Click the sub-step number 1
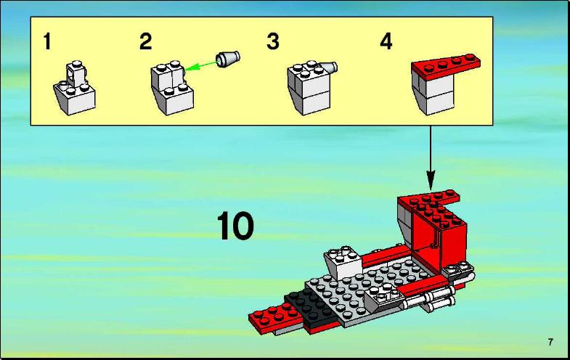(x=47, y=41)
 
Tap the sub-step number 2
(x=145, y=41)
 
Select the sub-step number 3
(x=273, y=41)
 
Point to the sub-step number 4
(x=386, y=41)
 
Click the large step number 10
(x=235, y=226)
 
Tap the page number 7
(x=550, y=342)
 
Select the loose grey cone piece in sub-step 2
(x=227, y=58)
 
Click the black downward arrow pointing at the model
(x=431, y=158)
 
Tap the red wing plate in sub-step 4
(x=446, y=67)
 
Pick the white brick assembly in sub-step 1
(x=75, y=89)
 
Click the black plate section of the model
(x=312, y=308)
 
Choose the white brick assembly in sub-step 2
(x=172, y=88)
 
